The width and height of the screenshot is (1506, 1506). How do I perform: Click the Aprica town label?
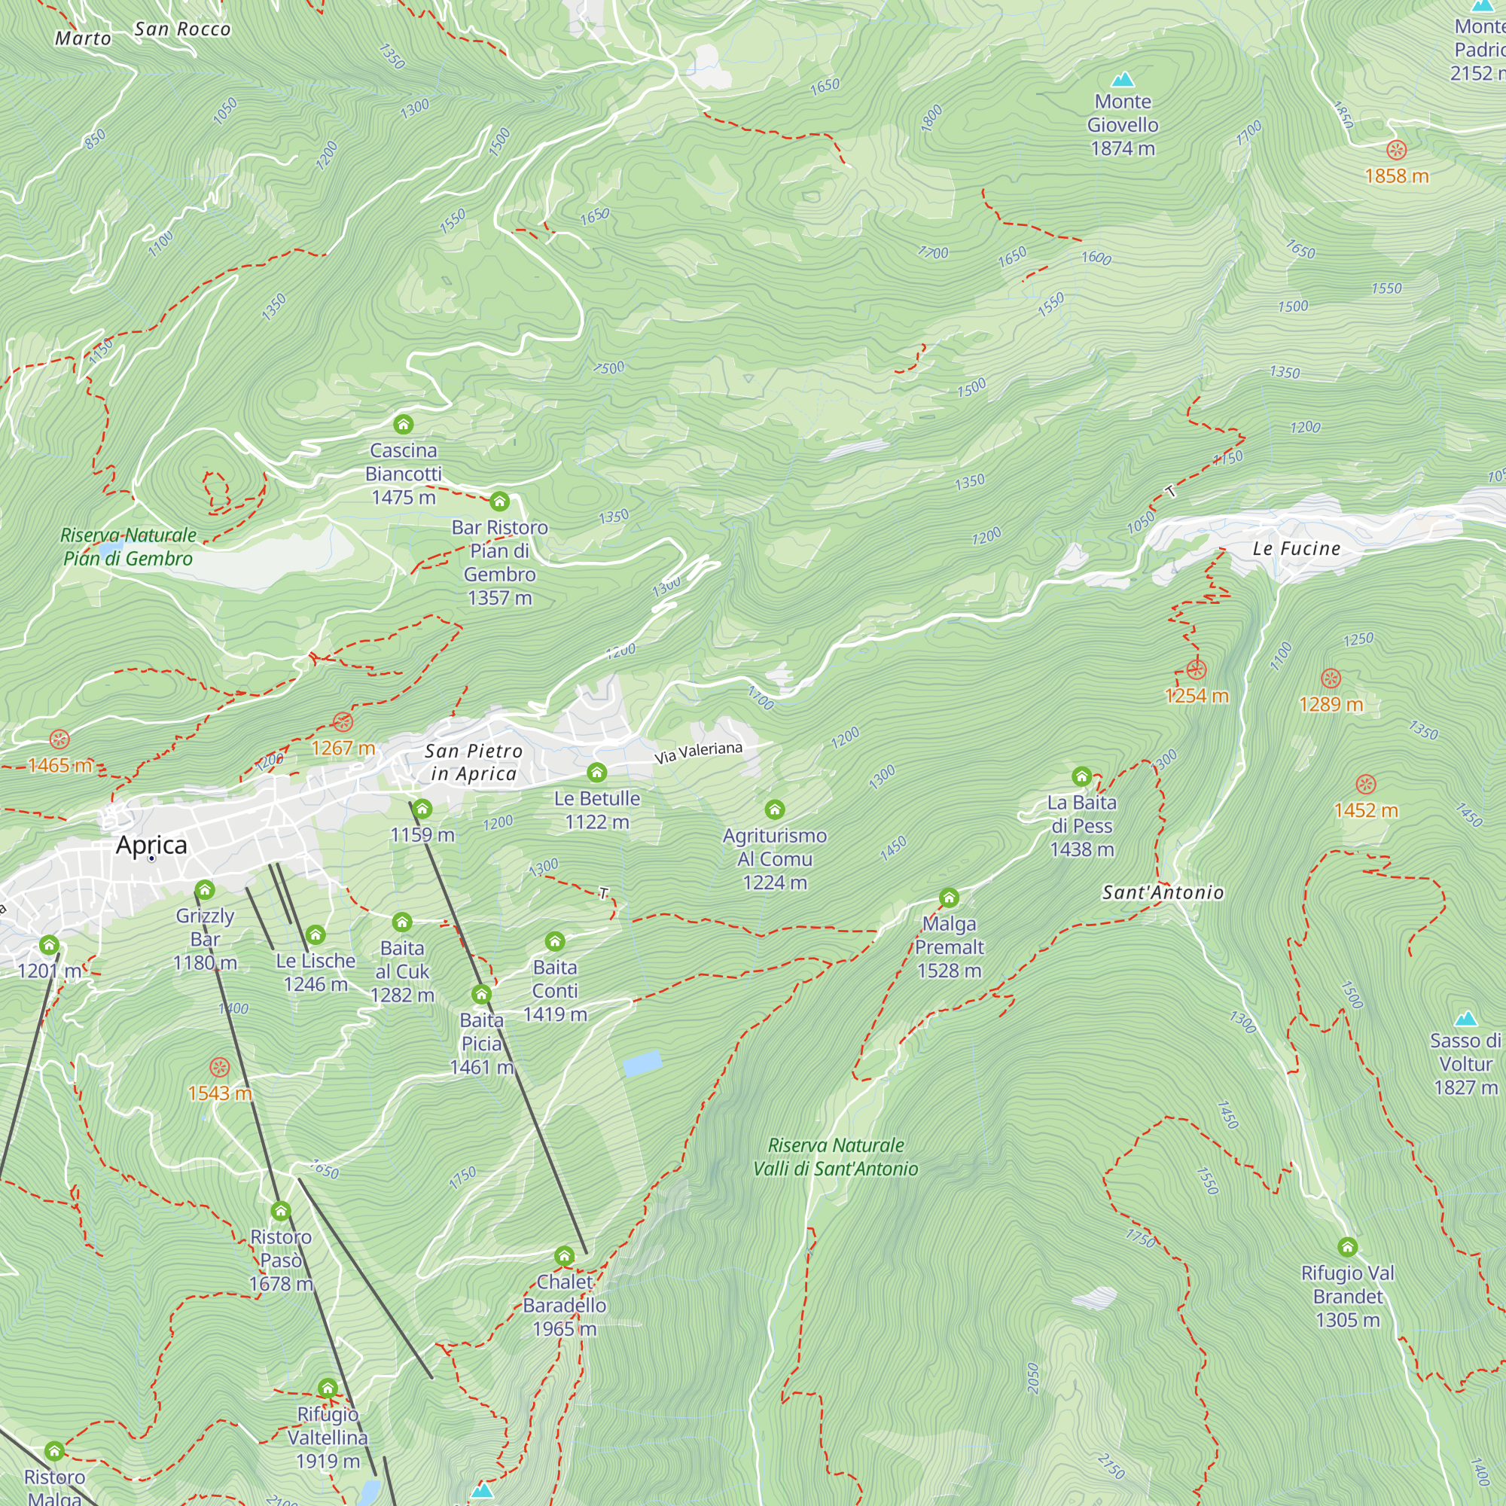pos(151,845)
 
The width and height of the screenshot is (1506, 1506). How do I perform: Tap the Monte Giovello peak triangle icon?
pos(1123,80)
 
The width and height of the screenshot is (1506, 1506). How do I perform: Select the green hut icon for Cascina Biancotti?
pos(403,424)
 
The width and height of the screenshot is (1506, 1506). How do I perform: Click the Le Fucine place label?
pos(1297,549)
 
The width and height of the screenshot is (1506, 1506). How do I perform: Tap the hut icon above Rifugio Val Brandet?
pos(1348,1247)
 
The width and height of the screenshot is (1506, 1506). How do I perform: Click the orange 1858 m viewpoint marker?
pos(1396,150)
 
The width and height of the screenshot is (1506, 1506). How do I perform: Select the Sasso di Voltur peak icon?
pos(1465,1019)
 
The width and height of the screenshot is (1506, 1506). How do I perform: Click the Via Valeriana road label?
pos(698,752)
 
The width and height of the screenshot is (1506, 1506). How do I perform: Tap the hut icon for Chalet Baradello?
pos(564,1256)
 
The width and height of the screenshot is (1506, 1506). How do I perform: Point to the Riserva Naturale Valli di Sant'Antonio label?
pos(835,1157)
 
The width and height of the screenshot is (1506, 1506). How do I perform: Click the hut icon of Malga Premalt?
pos(949,898)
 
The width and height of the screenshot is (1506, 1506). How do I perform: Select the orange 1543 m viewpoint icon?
pos(220,1067)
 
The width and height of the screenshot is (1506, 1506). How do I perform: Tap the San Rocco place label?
pos(182,29)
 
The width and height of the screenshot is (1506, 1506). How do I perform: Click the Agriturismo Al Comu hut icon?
pos(774,810)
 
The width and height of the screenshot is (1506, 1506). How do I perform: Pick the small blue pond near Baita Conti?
pos(642,1063)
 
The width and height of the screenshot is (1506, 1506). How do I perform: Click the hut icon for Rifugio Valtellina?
pos(328,1389)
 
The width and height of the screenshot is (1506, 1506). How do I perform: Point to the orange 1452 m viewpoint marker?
pos(1366,784)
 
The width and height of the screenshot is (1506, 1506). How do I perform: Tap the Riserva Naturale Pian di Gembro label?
pos(128,547)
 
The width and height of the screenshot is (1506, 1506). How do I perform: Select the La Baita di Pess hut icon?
pos(1081,776)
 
